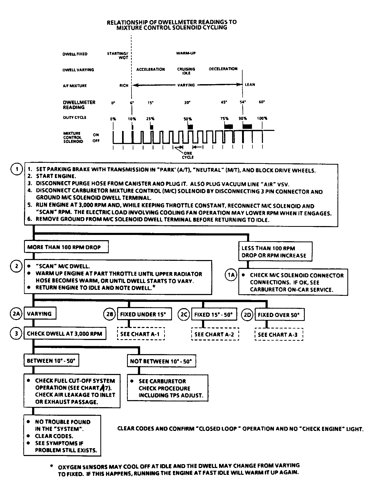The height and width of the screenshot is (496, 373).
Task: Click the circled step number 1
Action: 16,169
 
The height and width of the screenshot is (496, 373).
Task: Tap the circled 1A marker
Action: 231,275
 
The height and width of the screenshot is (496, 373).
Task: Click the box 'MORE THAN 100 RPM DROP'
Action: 66,247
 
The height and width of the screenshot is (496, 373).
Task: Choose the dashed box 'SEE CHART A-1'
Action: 141,334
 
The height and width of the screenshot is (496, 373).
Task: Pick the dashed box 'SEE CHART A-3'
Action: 279,334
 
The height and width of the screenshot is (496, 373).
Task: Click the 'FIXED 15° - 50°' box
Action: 214,314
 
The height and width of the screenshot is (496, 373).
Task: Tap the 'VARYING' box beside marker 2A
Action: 39,314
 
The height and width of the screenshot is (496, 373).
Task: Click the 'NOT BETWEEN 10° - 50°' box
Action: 161,361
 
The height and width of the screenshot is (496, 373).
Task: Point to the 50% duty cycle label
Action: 188,119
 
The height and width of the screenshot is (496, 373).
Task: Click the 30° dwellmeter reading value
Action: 187,103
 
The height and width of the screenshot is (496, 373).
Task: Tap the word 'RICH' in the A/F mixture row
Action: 124,85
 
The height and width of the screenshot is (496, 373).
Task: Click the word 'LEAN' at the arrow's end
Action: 250,85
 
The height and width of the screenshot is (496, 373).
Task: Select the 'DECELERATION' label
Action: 223,69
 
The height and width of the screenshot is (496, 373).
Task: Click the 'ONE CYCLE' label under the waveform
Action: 188,155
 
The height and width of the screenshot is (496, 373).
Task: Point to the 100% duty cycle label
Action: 262,118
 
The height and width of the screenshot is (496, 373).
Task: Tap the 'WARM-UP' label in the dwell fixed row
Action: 186,53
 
